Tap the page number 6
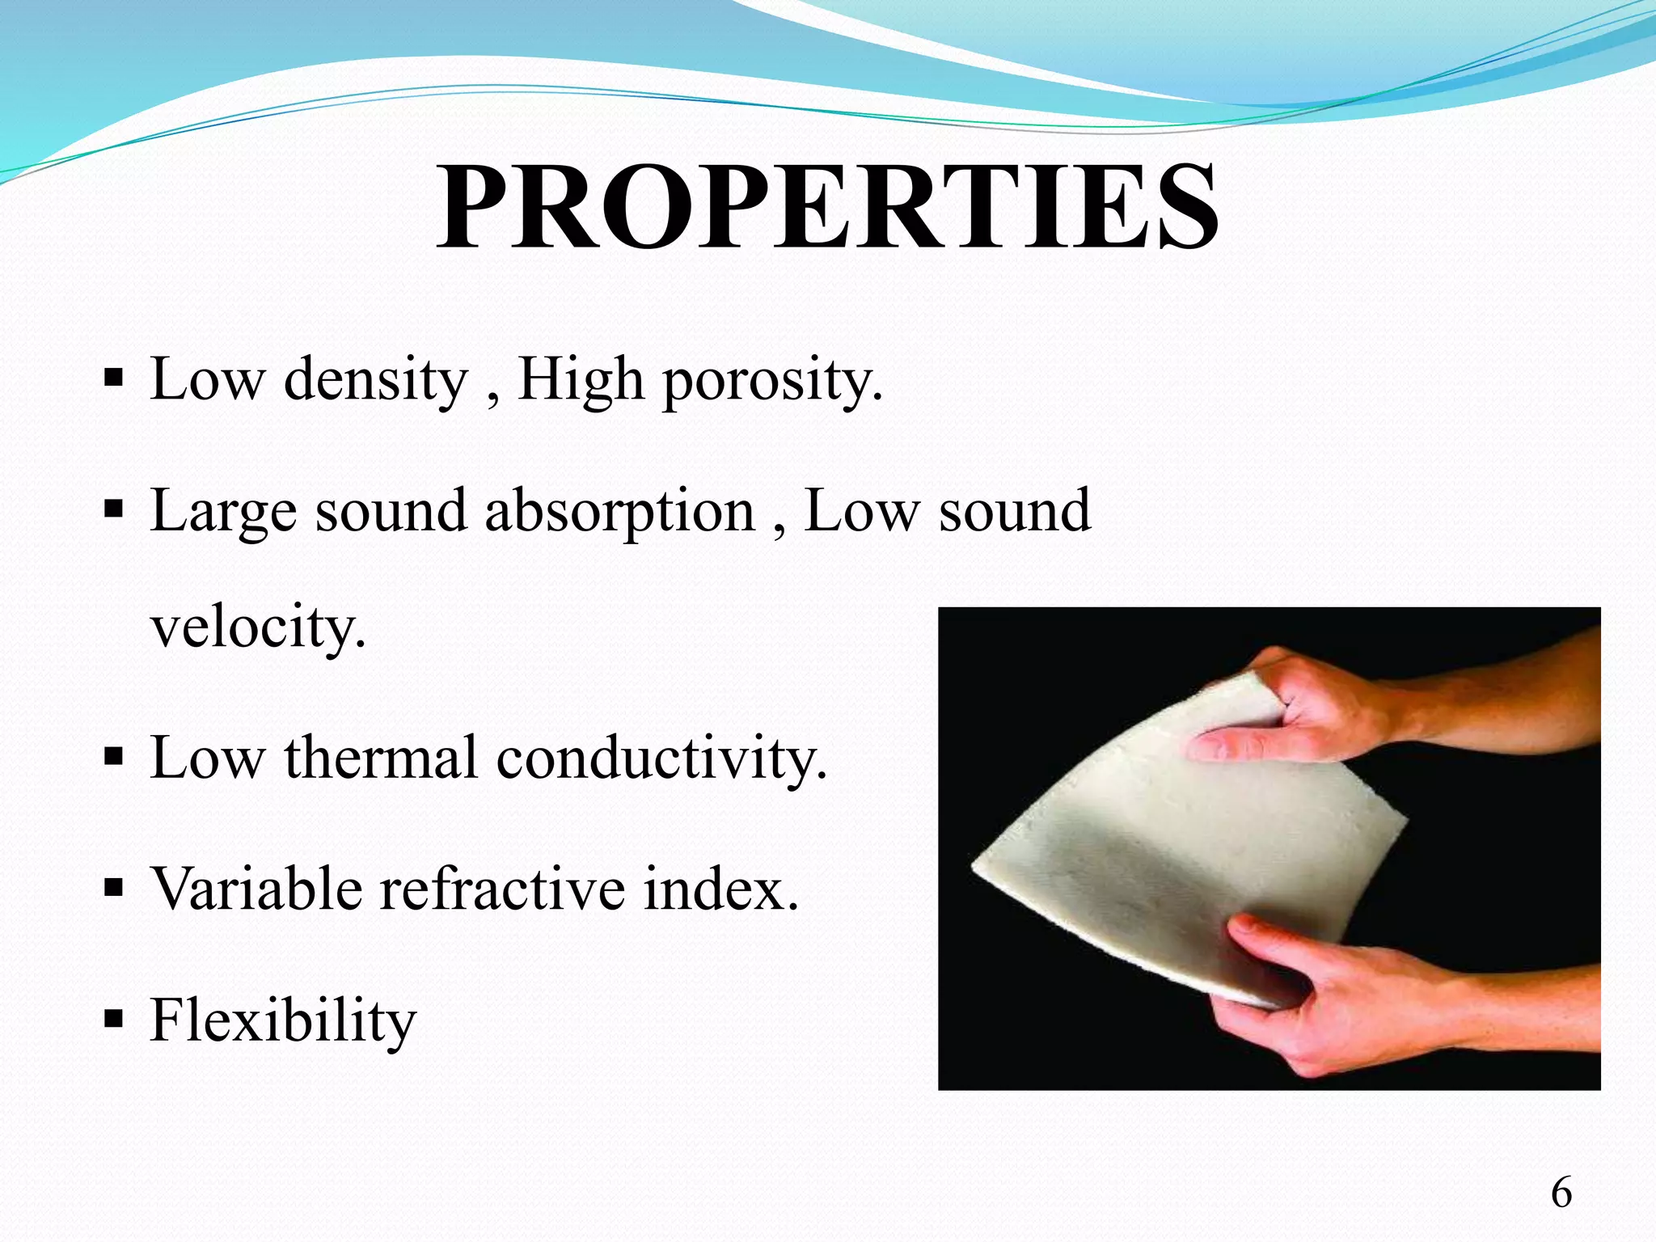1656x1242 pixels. [1561, 1193]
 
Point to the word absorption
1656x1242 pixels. [619, 511]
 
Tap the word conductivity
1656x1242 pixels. [661, 758]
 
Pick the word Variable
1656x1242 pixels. [256, 889]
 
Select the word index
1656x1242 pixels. [720, 889]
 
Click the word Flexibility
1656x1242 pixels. [282, 1020]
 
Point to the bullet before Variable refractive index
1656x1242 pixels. [113, 888]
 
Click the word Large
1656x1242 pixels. [223, 511]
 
